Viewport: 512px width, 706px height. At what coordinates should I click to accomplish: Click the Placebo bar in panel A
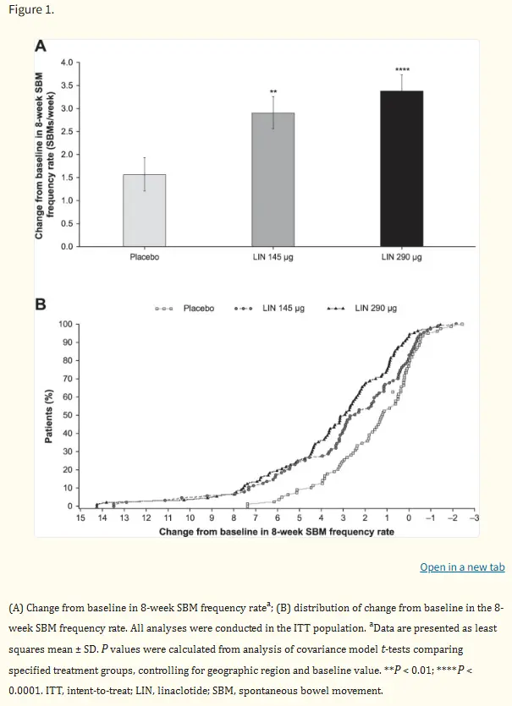coord(144,211)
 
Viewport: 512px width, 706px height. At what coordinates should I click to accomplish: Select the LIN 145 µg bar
coord(273,179)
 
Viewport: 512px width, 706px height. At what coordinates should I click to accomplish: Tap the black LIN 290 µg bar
coord(402,169)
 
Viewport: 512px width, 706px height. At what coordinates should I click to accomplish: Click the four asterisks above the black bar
coord(402,70)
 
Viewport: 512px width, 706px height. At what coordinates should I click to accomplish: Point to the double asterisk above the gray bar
coord(273,92)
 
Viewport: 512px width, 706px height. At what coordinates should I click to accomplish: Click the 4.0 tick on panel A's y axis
coord(67,62)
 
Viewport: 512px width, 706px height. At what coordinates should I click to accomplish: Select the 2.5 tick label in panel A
coord(67,131)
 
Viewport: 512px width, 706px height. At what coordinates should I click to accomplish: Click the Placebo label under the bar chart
coord(144,257)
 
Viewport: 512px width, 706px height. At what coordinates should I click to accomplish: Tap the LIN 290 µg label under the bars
coord(402,257)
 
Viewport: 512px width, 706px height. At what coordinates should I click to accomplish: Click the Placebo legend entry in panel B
coord(184,309)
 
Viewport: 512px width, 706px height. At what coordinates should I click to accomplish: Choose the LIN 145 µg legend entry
coord(269,309)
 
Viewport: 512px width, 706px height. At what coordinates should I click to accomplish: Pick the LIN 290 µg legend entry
coord(362,309)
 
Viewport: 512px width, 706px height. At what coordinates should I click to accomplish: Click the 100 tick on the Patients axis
coord(65,324)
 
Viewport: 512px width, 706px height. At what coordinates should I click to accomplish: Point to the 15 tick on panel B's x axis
coord(80,517)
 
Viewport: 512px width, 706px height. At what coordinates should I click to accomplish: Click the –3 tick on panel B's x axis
coord(474,517)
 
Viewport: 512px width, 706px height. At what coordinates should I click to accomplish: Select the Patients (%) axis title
coord(49,416)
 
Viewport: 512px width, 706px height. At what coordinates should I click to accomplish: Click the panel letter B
coord(41,304)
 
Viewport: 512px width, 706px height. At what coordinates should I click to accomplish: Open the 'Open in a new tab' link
coord(462,566)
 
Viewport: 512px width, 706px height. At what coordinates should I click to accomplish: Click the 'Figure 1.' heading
coord(31,10)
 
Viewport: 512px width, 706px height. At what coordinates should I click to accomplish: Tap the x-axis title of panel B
coord(277,532)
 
